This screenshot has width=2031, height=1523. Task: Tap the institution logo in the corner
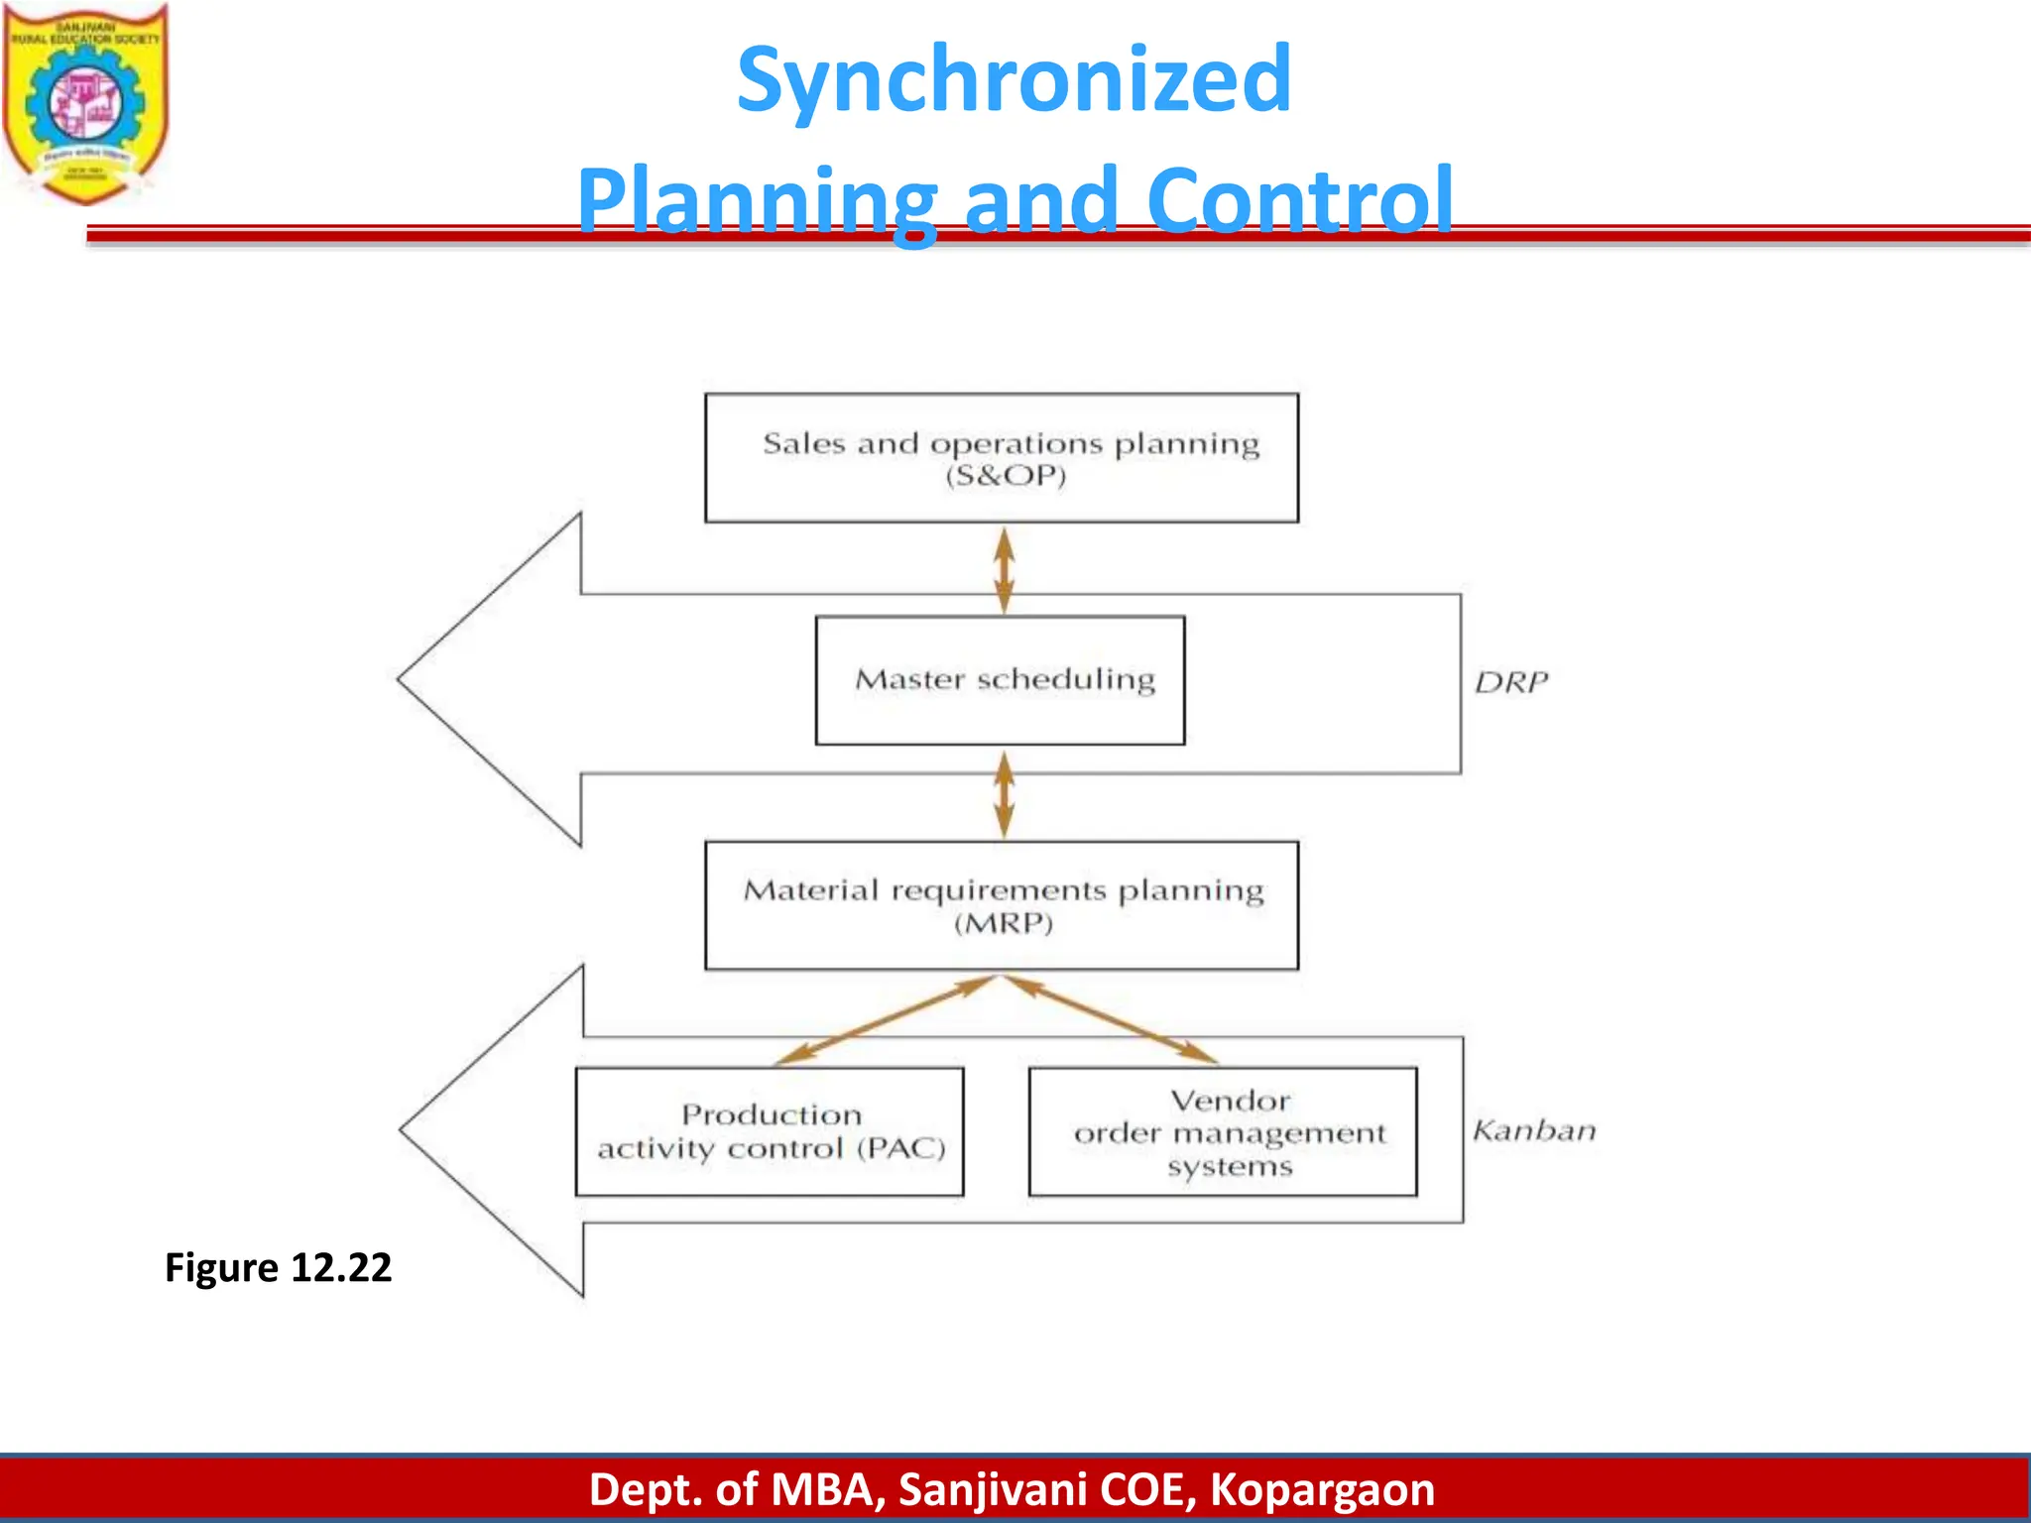click(85, 102)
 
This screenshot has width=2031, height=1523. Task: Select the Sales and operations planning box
click(1002, 458)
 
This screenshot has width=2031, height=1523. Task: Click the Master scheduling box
click(1000, 680)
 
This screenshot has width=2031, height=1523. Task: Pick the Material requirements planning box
click(1002, 905)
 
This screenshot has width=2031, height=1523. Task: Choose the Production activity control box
click(770, 1131)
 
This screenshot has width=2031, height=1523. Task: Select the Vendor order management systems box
click(1223, 1131)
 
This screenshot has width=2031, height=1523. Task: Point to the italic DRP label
click(1510, 682)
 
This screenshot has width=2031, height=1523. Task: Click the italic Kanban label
click(1534, 1130)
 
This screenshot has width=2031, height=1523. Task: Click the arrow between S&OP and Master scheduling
click(1004, 570)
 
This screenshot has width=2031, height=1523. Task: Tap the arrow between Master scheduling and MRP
click(1004, 794)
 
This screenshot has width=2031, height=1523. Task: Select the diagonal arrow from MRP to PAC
click(886, 1020)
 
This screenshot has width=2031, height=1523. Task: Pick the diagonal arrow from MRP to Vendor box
click(1111, 1020)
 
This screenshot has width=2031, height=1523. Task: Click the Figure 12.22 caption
click(278, 1267)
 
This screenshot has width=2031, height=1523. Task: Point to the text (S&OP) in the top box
click(1005, 476)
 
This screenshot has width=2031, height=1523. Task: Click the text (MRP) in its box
click(1003, 924)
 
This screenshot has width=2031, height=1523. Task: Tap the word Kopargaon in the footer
click(1322, 1489)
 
